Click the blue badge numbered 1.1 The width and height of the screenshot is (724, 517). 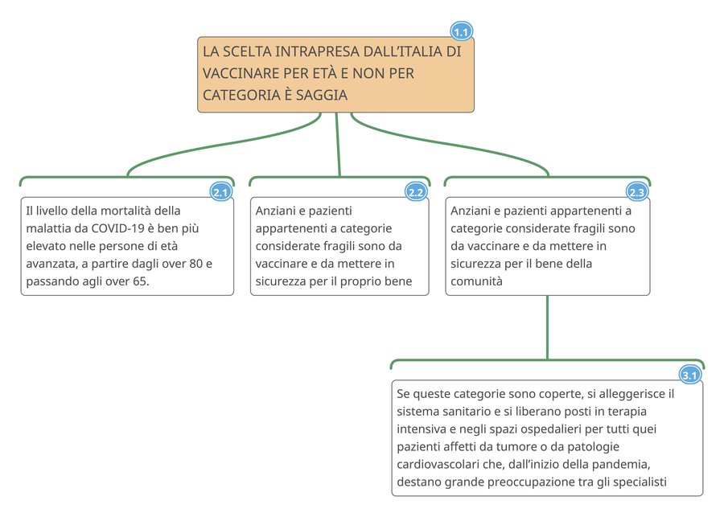click(461, 32)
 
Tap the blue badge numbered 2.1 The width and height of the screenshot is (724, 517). click(221, 192)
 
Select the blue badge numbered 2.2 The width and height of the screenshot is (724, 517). click(416, 192)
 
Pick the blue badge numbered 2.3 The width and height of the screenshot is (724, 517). click(636, 192)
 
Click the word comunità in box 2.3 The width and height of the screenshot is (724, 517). click(476, 281)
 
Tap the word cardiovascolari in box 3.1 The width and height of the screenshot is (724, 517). click(439, 465)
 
